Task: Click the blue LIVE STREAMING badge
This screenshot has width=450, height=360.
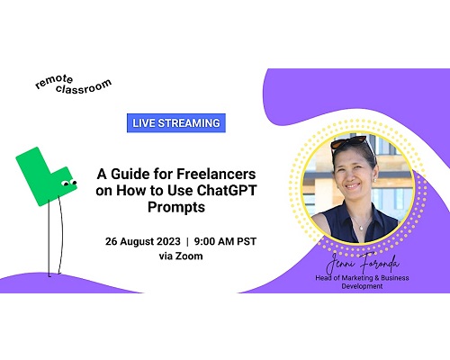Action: (176, 123)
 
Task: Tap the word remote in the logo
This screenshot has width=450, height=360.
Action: (54, 81)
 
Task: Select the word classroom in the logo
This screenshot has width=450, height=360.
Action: (84, 86)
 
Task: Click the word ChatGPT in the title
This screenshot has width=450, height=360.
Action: (227, 190)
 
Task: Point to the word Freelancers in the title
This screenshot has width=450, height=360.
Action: (216, 174)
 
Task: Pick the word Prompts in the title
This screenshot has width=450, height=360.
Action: (176, 207)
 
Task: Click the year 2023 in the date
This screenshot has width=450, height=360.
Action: (168, 241)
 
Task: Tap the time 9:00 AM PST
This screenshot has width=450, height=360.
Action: (225, 241)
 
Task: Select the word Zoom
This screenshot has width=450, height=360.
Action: (189, 256)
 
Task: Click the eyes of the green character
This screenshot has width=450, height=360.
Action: (69, 183)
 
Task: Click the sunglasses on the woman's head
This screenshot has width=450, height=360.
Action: (349, 142)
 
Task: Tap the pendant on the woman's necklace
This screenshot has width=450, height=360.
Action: (361, 229)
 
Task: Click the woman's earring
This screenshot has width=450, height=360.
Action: (375, 180)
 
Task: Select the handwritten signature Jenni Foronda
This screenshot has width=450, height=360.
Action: (363, 263)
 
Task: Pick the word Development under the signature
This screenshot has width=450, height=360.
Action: (362, 286)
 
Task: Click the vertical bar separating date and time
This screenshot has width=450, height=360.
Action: (187, 241)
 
